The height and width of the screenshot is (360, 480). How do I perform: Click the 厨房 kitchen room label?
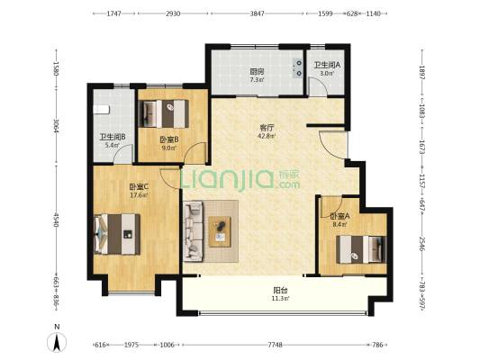257,72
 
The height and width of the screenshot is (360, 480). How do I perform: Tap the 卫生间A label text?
327,65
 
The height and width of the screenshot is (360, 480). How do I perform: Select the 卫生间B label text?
113,138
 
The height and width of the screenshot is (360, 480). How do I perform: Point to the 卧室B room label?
169,140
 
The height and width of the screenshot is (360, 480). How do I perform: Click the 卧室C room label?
139,186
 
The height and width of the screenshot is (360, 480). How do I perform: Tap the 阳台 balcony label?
280,290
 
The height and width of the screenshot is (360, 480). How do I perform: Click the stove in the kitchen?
297,67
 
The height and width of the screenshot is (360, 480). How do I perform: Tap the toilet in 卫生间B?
102,110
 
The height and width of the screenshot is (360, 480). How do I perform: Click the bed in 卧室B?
164,113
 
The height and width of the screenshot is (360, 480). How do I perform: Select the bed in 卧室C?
117,234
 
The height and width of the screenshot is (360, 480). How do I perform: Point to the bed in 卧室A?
361,249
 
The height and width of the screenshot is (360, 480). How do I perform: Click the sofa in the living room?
193,231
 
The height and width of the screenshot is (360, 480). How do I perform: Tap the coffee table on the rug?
220,232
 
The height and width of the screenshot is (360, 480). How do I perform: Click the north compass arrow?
57,343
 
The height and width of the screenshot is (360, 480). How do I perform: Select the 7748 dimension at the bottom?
275,345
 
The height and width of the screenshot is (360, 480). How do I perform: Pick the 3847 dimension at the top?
257,13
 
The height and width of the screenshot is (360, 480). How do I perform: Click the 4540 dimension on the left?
56,220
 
